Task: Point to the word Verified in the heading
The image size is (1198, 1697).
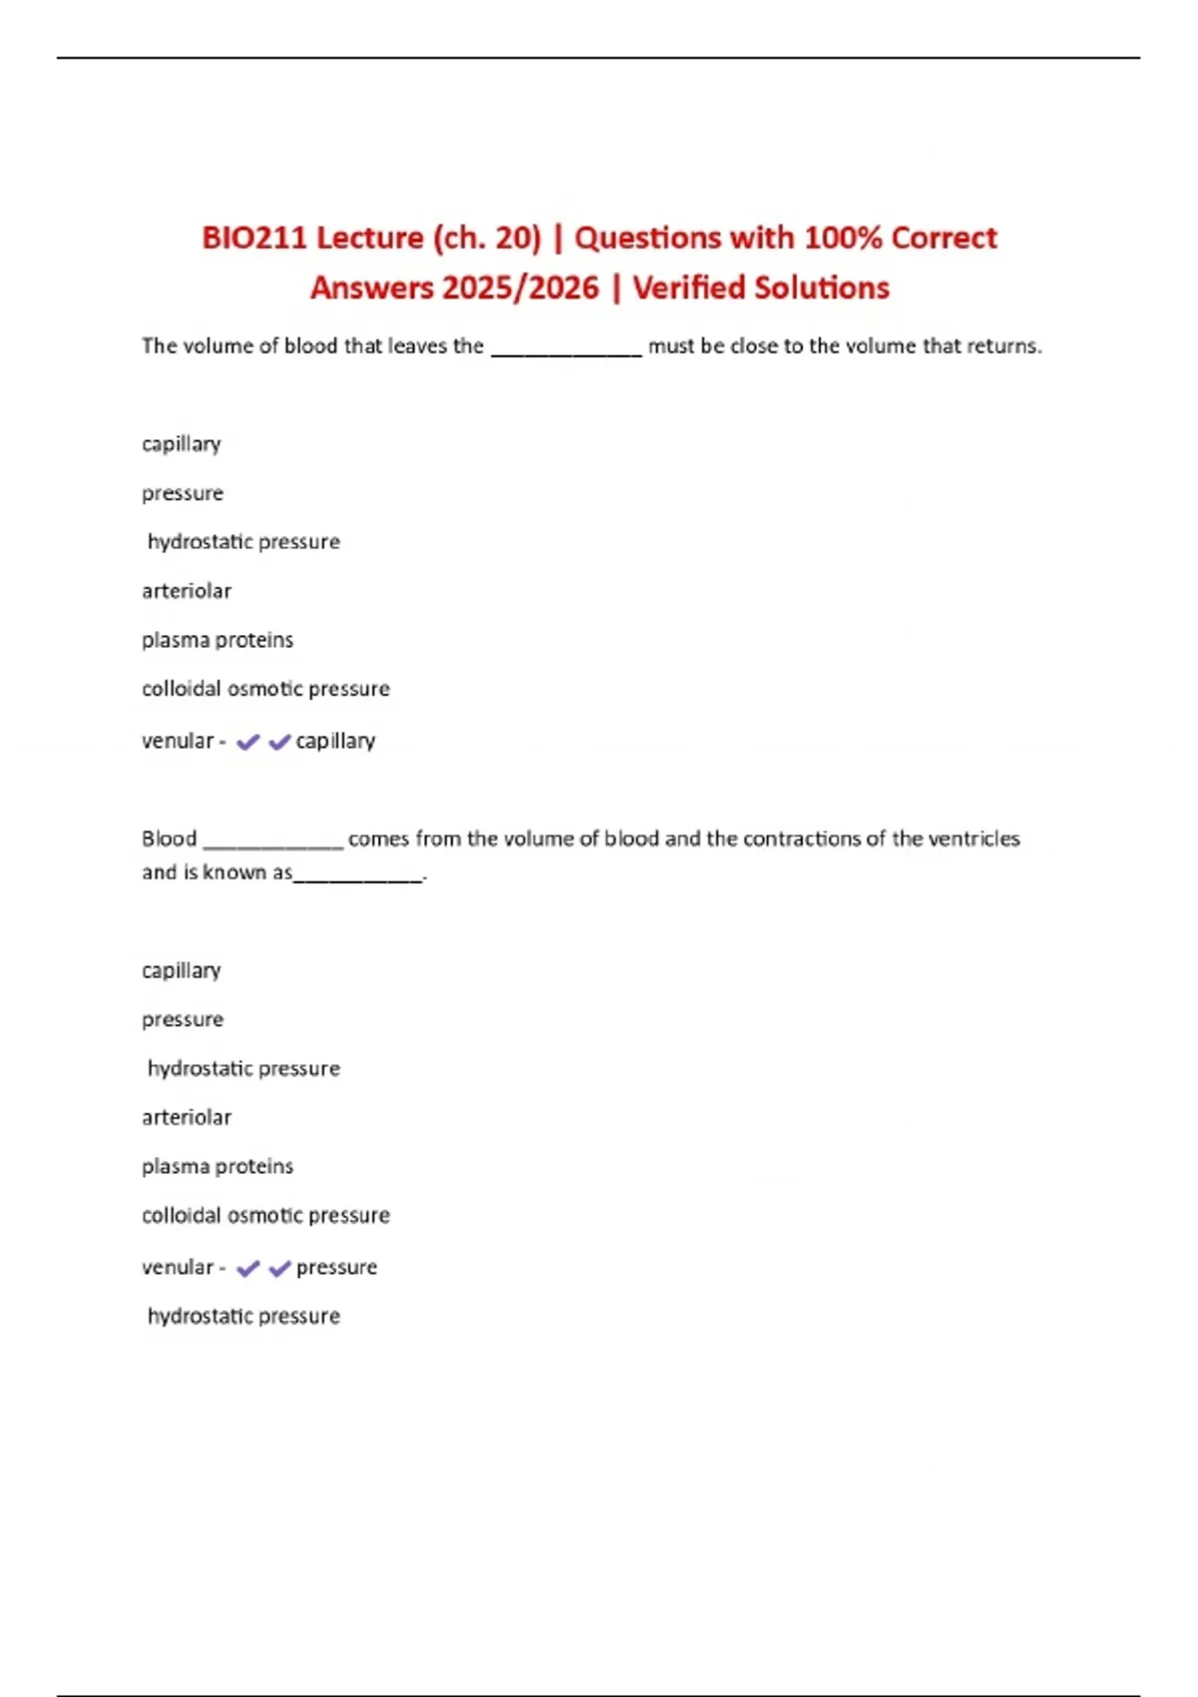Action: click(x=689, y=287)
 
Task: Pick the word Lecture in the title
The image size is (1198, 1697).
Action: click(x=370, y=238)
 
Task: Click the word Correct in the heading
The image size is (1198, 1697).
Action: click(x=943, y=238)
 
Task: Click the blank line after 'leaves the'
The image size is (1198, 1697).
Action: click(x=566, y=349)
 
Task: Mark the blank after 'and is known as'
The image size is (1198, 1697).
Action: click(x=359, y=876)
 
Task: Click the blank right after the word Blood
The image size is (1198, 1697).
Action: click(x=273, y=843)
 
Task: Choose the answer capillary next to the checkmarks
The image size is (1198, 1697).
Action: click(x=335, y=741)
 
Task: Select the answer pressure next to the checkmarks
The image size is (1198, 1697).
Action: click(x=336, y=1267)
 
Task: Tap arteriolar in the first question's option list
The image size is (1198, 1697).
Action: click(x=187, y=591)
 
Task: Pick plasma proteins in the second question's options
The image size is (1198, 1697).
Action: click(x=218, y=1166)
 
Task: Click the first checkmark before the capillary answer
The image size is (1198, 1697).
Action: click(x=248, y=742)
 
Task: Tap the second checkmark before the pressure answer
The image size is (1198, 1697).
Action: click(x=280, y=1268)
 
